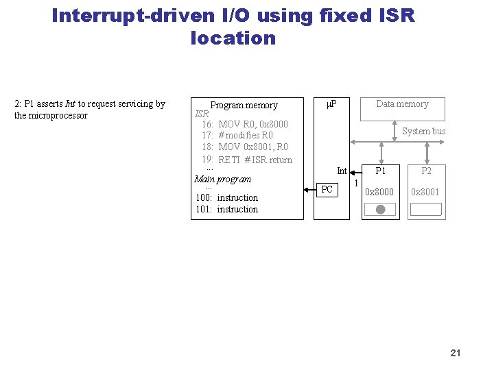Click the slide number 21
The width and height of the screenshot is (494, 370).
pyautogui.click(x=455, y=353)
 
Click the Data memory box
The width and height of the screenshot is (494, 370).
pyautogui.click(x=402, y=108)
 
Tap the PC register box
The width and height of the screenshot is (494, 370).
pyautogui.click(x=327, y=189)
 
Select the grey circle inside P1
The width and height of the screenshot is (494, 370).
pyautogui.click(x=381, y=210)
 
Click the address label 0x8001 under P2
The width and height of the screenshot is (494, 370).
pyautogui.click(x=425, y=193)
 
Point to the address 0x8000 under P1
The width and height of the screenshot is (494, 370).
pyautogui.click(x=379, y=193)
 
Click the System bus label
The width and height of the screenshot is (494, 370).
pyautogui.click(x=423, y=131)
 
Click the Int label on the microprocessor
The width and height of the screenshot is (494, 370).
pyautogui.click(x=342, y=171)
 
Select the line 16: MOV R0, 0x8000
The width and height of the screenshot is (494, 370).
pyautogui.click(x=245, y=124)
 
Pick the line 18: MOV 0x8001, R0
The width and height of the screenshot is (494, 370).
pyautogui.click(x=245, y=147)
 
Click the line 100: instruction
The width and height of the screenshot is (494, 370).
pyautogui.click(x=227, y=197)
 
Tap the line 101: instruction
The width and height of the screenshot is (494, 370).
pyautogui.click(x=227, y=209)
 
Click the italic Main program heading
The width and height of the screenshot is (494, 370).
pyautogui.click(x=222, y=180)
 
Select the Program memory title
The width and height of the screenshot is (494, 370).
pyautogui.click(x=244, y=106)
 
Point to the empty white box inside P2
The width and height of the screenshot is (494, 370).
pyautogui.click(x=425, y=210)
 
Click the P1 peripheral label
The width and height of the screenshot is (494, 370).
pyautogui.click(x=380, y=171)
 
